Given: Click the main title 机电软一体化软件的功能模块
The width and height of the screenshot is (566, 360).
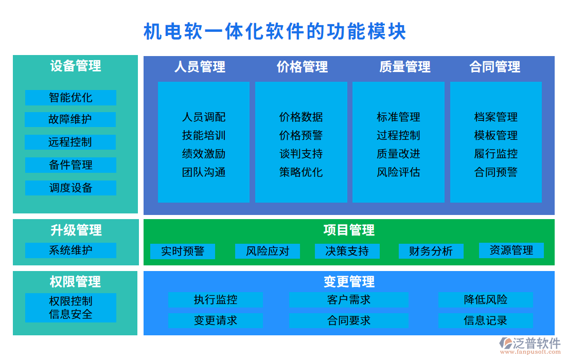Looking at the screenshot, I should (275, 31).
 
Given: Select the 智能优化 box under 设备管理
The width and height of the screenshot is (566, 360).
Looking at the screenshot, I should (70, 98).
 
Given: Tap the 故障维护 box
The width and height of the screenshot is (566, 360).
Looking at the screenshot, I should (70, 119).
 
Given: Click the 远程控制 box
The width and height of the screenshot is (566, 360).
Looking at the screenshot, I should (70, 142).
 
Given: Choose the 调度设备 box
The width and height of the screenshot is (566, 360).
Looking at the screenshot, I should (70, 188).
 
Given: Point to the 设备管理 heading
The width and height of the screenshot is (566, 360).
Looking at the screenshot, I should (76, 66).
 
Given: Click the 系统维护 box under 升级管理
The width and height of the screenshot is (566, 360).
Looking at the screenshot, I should (70, 250).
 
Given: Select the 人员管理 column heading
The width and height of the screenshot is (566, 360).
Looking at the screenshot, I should (200, 67).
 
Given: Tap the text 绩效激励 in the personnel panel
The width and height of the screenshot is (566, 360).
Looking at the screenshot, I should (204, 154).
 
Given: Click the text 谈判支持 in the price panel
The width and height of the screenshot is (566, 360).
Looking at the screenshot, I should (301, 154).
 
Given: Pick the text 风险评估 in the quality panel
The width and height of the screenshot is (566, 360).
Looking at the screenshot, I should (398, 172).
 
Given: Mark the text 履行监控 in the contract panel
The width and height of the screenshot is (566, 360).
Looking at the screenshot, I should (496, 154).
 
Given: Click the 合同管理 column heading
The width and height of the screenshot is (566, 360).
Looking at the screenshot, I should (495, 67).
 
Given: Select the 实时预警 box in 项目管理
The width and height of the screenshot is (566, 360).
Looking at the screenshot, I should (183, 251).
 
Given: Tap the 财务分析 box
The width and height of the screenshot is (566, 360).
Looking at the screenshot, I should (431, 251).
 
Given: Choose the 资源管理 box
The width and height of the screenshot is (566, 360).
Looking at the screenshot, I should (511, 250).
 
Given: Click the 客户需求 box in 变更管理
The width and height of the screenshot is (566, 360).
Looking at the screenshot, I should (348, 300).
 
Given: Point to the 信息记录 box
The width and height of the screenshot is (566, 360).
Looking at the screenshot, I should (485, 321).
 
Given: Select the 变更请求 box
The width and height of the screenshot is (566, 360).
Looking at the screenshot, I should (215, 321).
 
